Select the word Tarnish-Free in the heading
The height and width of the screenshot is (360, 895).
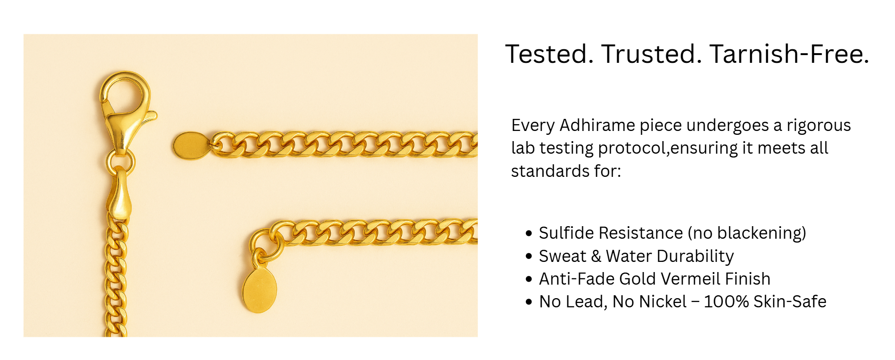789,54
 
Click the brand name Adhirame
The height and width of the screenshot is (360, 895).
597,125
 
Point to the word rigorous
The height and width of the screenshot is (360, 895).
819,126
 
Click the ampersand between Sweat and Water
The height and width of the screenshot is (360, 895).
595,256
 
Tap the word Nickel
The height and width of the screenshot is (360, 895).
662,302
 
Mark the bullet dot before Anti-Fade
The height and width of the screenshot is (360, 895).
529,279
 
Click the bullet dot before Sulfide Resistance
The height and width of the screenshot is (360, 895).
529,233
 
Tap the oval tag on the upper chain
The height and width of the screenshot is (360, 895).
191,145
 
